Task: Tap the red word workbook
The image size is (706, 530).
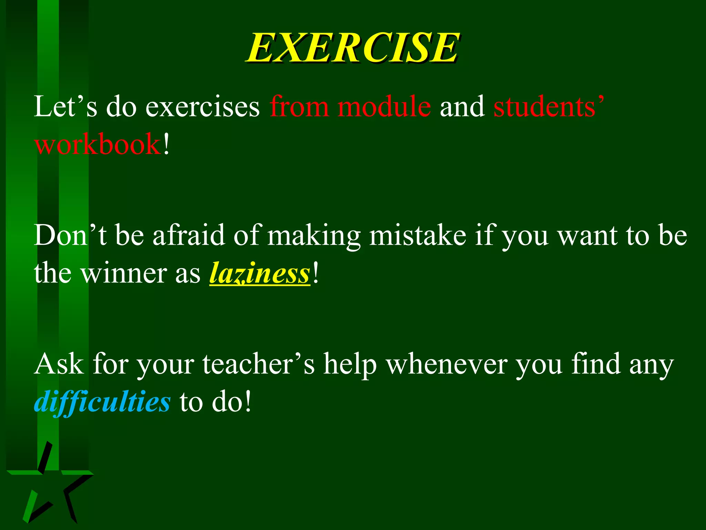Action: [98, 144]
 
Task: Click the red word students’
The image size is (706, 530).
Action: [548, 107]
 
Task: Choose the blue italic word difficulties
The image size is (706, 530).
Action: [102, 402]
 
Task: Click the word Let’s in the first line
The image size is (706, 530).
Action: [65, 107]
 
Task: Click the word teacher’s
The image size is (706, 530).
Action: [259, 364]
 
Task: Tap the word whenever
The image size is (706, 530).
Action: [446, 364]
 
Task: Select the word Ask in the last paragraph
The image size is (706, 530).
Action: [59, 364]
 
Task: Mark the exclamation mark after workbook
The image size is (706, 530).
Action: [167, 144]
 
